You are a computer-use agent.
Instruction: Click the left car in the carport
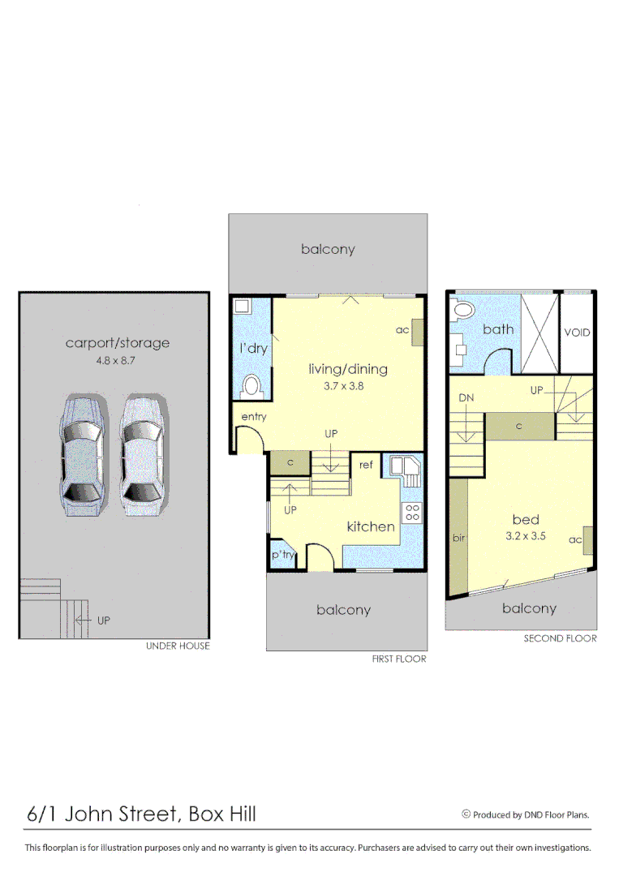(x=80, y=457)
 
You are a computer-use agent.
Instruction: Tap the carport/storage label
(x=118, y=343)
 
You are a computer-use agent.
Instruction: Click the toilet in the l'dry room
(x=251, y=385)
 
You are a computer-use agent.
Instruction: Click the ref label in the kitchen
(x=367, y=465)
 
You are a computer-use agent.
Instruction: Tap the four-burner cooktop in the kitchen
(x=411, y=513)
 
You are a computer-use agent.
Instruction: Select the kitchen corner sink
(x=405, y=469)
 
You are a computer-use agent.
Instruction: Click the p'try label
(x=282, y=555)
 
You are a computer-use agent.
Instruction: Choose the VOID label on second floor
(x=577, y=333)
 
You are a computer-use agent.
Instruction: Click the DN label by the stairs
(x=466, y=398)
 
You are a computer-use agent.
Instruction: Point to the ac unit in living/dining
(x=417, y=333)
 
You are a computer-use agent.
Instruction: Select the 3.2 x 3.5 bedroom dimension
(x=525, y=536)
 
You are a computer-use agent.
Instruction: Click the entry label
(x=254, y=417)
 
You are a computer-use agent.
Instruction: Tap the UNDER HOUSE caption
(x=178, y=646)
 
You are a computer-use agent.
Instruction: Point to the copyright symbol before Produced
(x=466, y=814)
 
